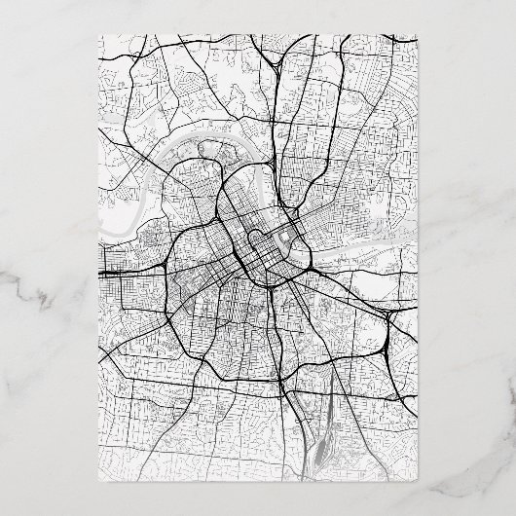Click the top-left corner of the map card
99,34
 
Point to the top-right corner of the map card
419,34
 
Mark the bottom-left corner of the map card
99,482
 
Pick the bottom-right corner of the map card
419,482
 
